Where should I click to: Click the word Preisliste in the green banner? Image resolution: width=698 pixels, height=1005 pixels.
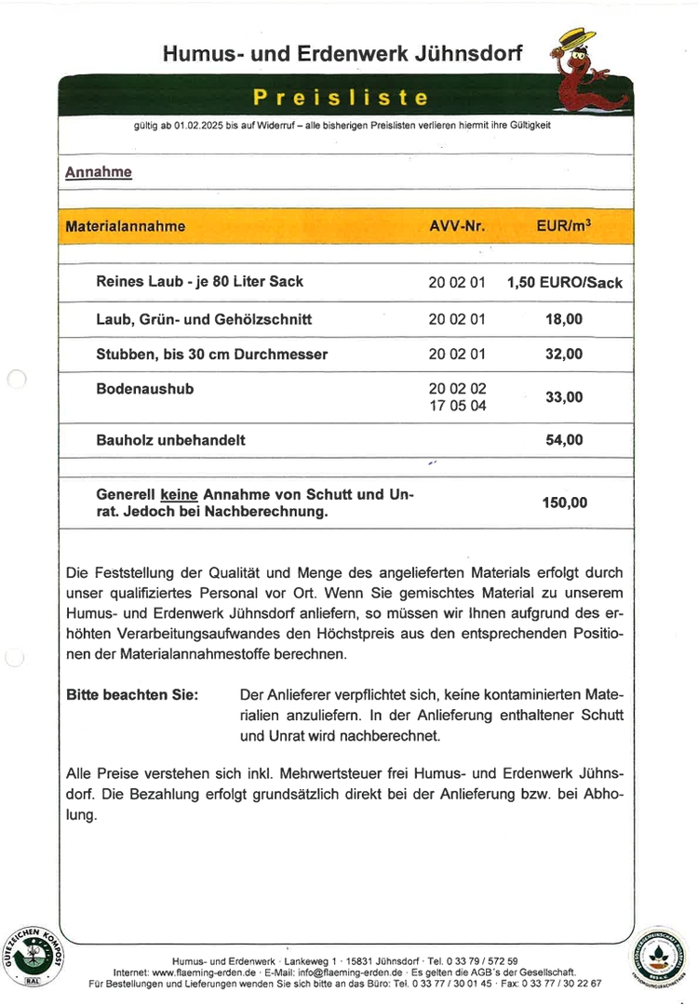[x=341, y=98]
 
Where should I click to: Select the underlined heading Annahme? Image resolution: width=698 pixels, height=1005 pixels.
[x=98, y=172]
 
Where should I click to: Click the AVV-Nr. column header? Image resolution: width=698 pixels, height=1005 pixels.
[x=457, y=226]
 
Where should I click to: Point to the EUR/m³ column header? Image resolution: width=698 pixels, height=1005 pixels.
[x=563, y=226]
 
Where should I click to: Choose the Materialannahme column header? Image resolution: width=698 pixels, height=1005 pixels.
[x=126, y=226]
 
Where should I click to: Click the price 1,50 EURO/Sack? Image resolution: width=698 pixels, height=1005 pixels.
[x=564, y=282]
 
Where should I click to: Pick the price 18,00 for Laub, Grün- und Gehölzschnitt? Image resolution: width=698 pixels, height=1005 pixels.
[x=564, y=319]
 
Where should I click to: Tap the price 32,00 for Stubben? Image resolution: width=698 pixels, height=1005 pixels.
[x=564, y=355]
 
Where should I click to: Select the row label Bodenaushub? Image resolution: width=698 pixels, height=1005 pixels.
[x=145, y=389]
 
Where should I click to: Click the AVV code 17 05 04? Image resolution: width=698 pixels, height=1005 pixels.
[x=457, y=406]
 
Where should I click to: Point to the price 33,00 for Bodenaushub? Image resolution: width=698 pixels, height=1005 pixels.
[x=564, y=397]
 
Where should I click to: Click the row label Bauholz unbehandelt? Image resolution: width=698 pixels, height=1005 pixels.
[x=170, y=440]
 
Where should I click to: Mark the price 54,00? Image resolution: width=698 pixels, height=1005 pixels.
[x=564, y=440]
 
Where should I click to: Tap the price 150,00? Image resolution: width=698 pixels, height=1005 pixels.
[x=564, y=502]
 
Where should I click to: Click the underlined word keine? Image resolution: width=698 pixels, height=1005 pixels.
[x=179, y=494]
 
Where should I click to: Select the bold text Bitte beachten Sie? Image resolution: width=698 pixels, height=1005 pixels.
[x=132, y=695]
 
